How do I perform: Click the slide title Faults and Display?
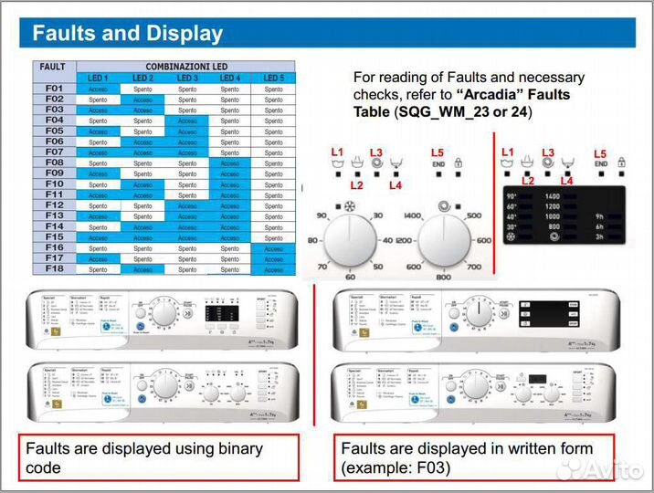click(x=128, y=35)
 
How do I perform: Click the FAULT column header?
click(x=53, y=67)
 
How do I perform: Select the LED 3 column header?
click(x=187, y=78)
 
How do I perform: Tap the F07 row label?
click(x=54, y=152)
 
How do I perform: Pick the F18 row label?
click(x=54, y=269)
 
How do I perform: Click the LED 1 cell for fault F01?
click(x=98, y=89)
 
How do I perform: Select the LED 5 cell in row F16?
click(x=274, y=248)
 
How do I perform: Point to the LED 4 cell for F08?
click(x=230, y=163)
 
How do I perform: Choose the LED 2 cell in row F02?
click(x=142, y=100)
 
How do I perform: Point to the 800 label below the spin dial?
click(x=443, y=277)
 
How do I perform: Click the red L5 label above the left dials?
click(x=438, y=152)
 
